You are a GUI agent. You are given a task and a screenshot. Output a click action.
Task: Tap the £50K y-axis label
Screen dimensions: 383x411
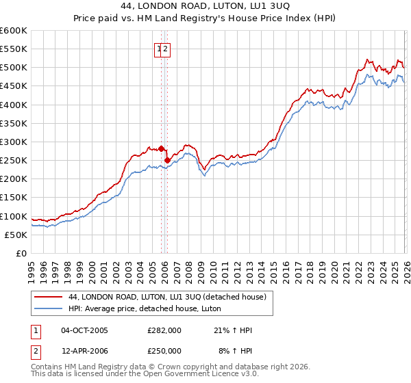coord(16,235)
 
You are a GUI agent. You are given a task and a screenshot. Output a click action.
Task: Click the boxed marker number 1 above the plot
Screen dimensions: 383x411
coord(159,49)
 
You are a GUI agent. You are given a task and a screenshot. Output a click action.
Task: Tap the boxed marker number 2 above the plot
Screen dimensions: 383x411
coord(166,49)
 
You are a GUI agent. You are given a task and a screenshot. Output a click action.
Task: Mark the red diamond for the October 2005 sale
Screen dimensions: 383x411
coord(162,148)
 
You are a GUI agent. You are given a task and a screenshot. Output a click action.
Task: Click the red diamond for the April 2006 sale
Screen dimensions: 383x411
coord(167,160)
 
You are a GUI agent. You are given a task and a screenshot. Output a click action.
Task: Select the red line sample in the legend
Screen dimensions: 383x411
coord(49,297)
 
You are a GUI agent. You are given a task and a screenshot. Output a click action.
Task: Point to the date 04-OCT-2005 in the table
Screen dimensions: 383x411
coord(84,330)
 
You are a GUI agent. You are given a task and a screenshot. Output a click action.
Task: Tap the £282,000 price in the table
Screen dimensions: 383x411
coord(164,330)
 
